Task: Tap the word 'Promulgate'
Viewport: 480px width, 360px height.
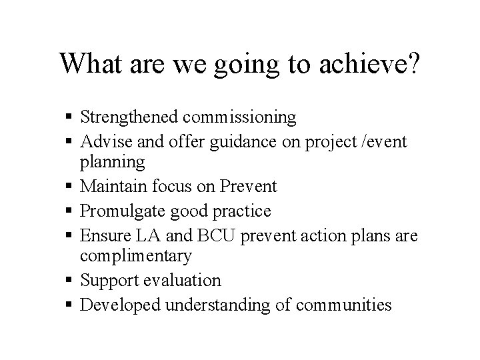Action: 118,211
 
